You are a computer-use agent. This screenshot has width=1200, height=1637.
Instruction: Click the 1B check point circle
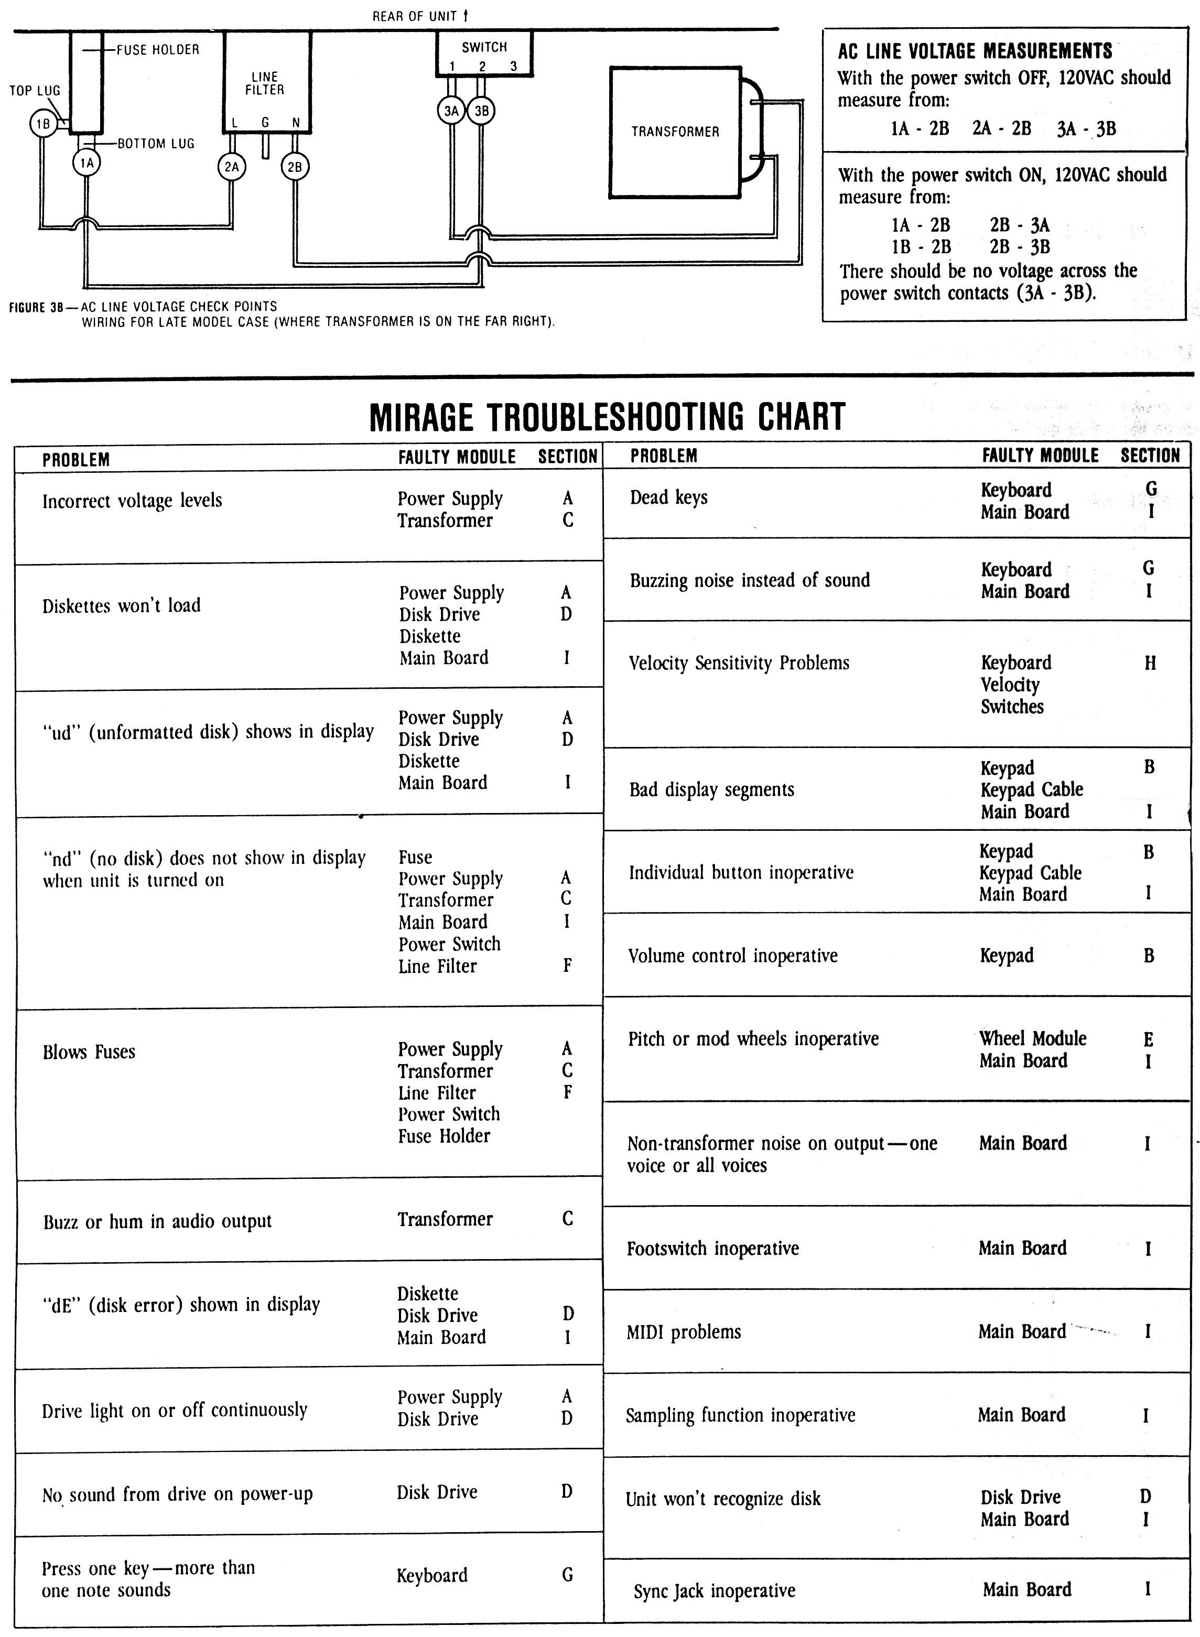tap(43, 124)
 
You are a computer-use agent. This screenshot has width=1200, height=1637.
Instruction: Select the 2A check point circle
tap(232, 167)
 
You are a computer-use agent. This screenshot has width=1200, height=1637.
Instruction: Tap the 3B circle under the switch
tap(481, 111)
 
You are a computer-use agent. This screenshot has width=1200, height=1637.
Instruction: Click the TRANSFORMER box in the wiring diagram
tap(675, 132)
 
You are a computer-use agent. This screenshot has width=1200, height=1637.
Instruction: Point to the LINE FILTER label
tap(264, 83)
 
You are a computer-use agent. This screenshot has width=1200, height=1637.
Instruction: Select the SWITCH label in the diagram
tap(484, 47)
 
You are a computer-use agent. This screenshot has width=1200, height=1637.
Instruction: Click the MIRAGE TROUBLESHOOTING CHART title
tap(607, 417)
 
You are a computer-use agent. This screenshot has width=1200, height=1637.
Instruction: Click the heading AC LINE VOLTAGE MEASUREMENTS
tap(975, 51)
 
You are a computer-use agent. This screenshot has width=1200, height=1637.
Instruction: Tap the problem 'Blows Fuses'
tap(89, 1053)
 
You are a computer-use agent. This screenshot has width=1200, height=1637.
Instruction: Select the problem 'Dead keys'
tap(668, 497)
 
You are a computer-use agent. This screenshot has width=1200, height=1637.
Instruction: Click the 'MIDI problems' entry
tap(684, 1332)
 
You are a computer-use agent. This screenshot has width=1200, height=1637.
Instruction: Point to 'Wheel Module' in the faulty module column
tap(1032, 1038)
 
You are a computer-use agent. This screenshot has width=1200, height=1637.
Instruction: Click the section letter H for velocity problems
tap(1150, 663)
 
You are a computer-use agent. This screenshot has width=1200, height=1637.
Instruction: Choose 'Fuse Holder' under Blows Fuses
tap(444, 1136)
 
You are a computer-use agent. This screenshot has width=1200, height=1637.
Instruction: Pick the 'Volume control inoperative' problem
tap(732, 956)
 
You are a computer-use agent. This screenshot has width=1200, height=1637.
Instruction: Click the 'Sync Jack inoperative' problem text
tap(714, 1591)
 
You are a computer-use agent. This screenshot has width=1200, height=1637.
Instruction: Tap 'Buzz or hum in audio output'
tap(157, 1221)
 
